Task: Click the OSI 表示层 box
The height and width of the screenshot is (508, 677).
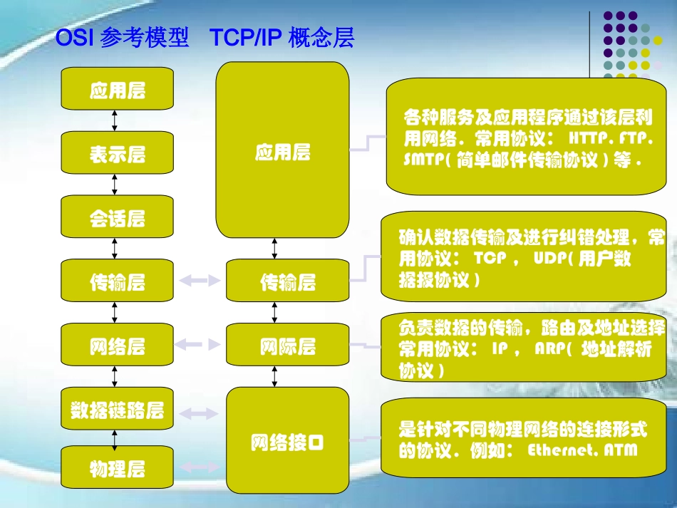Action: tap(118, 153)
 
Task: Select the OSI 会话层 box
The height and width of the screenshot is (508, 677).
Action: tap(118, 217)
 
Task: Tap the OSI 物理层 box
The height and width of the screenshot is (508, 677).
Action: tap(118, 468)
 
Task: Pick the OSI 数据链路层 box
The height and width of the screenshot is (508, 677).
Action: tap(118, 410)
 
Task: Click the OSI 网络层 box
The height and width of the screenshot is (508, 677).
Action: tap(118, 346)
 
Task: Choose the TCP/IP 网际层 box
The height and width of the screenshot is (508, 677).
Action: tap(288, 347)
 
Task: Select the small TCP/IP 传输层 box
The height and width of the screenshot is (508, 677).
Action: tap(288, 282)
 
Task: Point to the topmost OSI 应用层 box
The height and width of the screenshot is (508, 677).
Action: tap(118, 90)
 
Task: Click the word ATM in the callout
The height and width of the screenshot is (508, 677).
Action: tap(620, 451)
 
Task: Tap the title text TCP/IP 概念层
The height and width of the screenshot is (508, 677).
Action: tap(282, 38)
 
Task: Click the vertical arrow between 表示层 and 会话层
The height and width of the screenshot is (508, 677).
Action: tap(115, 185)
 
